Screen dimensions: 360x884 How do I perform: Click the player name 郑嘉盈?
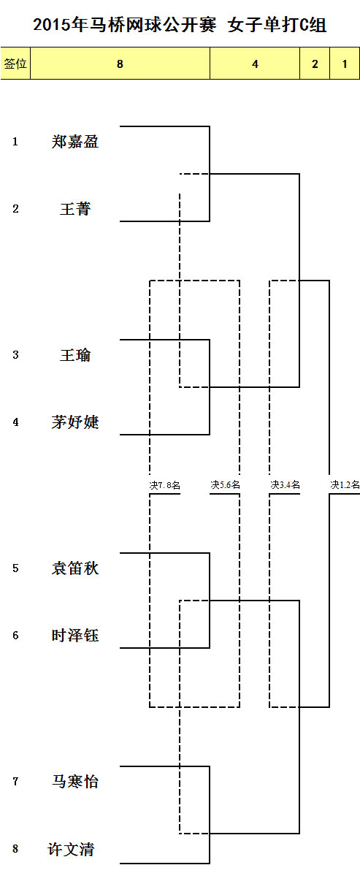75,142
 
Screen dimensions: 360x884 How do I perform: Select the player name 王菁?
75,209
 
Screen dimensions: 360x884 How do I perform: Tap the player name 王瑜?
75,355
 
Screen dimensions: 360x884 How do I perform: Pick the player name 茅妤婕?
75,422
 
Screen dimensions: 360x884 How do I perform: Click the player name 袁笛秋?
75,568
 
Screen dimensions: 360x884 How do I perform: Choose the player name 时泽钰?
75,636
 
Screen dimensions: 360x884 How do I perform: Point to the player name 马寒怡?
75,782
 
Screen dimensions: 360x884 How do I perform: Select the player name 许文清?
71,849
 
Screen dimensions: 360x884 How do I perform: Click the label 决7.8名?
165,485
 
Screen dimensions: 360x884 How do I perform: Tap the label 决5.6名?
225,484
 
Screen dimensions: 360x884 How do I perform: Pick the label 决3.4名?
285,484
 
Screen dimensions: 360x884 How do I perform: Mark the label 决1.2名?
345,484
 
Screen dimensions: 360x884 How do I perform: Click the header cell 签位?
15,64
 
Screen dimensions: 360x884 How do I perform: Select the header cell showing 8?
120,64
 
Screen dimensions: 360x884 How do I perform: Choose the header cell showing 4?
255,64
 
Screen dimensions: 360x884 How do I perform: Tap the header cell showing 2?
315,64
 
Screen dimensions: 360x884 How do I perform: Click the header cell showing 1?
345,64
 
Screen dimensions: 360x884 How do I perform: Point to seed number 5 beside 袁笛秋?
15,568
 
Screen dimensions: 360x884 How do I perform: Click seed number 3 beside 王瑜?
15,355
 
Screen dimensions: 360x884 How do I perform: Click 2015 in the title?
52,25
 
